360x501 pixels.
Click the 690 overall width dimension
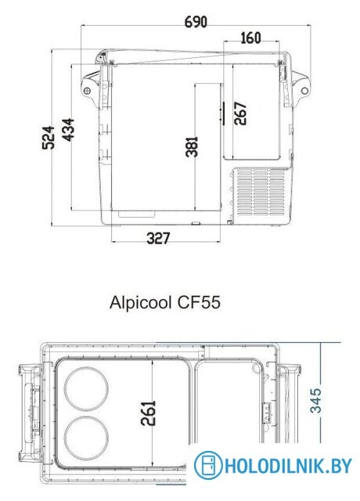(x=195, y=21)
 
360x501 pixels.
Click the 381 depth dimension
(x=193, y=147)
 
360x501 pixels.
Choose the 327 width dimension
(x=157, y=240)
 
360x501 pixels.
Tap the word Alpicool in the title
(x=142, y=303)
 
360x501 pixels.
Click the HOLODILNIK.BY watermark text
(x=286, y=467)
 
